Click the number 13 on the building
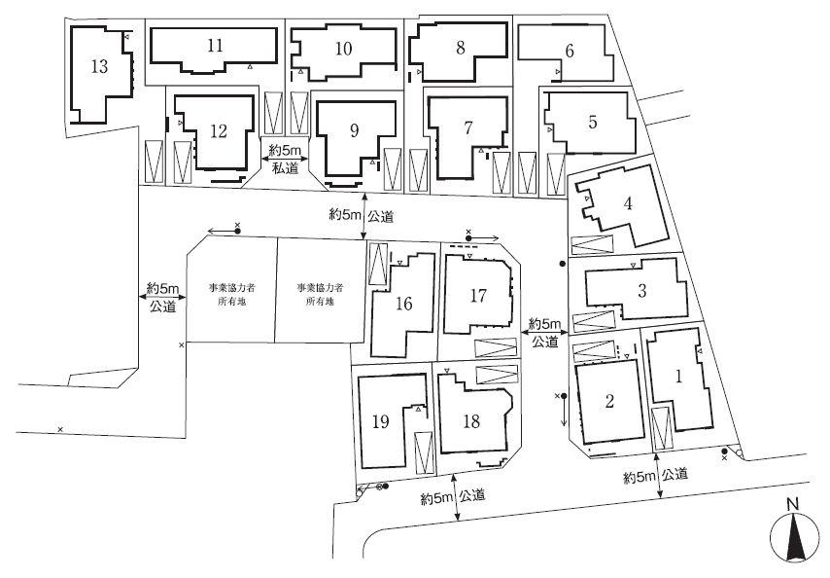tap(98, 66)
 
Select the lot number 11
tap(216, 46)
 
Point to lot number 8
tap(460, 47)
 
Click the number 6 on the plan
tap(570, 51)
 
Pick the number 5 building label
tap(592, 123)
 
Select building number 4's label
tap(629, 203)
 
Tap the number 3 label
tap(642, 290)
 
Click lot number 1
tap(680, 373)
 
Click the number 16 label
tap(404, 304)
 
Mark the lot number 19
tap(381, 421)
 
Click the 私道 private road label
tap(284, 167)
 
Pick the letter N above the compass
tap(793, 503)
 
